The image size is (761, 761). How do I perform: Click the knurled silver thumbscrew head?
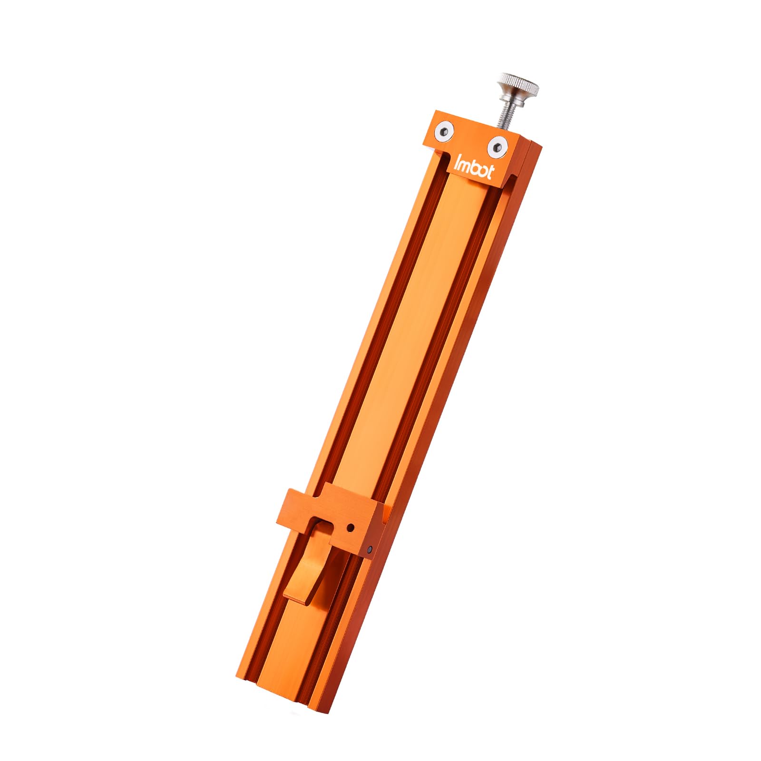pos(518,86)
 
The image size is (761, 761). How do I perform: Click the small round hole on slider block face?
pos(351,527)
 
